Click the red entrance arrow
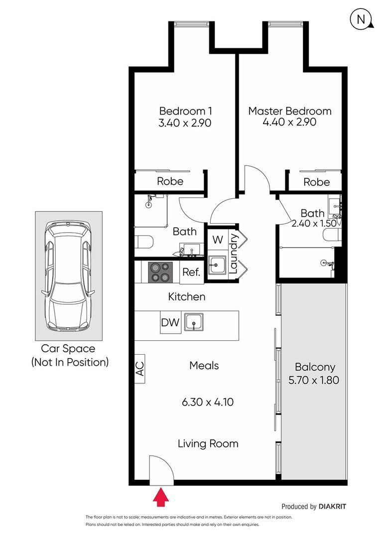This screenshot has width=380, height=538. point(160,498)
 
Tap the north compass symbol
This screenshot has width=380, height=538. point(362,19)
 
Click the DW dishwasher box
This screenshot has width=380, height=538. point(170,322)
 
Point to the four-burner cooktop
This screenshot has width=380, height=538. point(160,272)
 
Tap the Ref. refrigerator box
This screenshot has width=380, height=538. point(191,273)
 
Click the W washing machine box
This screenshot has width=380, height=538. point(218,240)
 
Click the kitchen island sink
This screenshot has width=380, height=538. point(194,322)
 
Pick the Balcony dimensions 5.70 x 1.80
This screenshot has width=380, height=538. point(314,380)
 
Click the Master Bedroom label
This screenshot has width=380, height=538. point(290,111)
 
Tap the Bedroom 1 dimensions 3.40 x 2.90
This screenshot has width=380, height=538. point(185,123)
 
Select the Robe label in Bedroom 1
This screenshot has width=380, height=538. point(170,181)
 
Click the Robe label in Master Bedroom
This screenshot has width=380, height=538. point(317,182)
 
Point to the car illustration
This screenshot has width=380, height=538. point(68,275)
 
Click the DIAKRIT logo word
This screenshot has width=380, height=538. point(332,507)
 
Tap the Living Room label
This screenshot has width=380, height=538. point(208,444)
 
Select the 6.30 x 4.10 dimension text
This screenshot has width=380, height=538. point(208,402)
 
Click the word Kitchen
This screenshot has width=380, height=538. point(187,297)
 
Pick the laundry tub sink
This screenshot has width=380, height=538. point(217,265)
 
